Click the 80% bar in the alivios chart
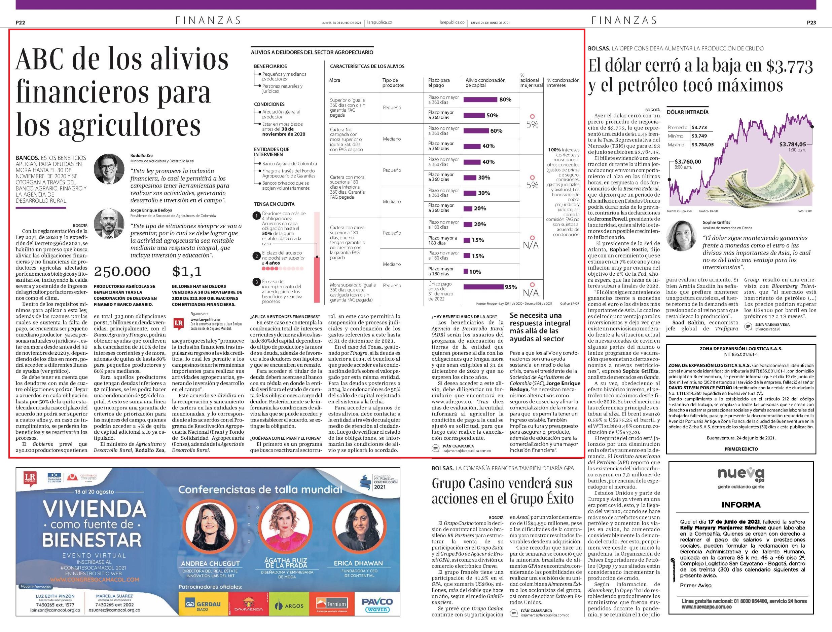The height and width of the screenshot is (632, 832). [x=480, y=100]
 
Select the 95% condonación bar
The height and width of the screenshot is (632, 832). [x=483, y=287]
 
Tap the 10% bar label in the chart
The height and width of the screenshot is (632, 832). [x=475, y=272]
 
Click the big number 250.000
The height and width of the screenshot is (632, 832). [x=122, y=271]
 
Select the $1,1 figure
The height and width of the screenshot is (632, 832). [x=187, y=271]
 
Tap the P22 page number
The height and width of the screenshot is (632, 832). [x=20, y=23]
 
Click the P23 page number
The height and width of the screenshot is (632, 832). [x=811, y=23]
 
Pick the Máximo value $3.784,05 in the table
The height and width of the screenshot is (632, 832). [x=702, y=145]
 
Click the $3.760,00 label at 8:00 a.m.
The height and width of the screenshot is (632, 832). [x=688, y=162]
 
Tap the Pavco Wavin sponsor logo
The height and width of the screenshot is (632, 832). [x=377, y=605]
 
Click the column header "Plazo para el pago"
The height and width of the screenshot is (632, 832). [x=439, y=83]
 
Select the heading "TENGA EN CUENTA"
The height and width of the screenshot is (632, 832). [x=274, y=204]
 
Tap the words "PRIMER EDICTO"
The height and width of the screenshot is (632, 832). [x=741, y=449]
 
